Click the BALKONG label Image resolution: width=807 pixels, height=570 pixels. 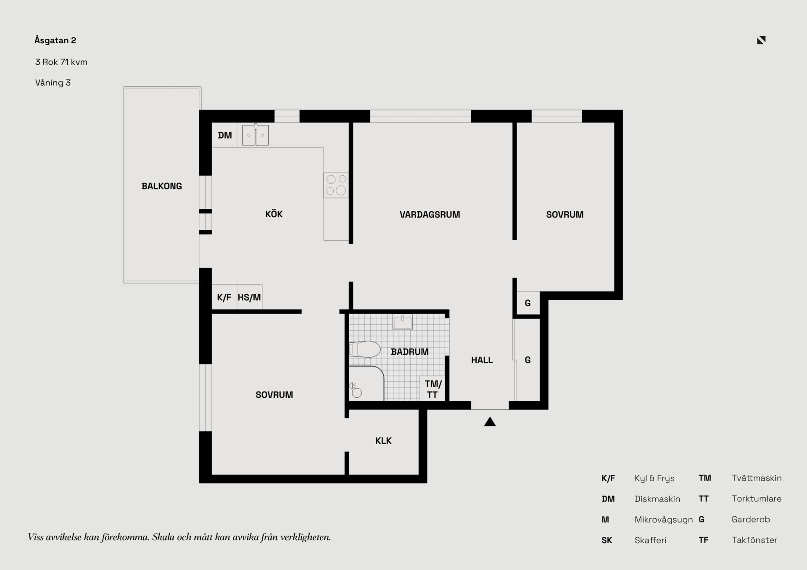(161, 186)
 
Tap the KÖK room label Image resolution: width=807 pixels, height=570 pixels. (274, 214)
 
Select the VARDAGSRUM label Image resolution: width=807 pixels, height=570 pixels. (430, 215)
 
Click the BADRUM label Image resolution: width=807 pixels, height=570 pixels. (410, 352)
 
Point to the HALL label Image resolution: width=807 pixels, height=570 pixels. (482, 360)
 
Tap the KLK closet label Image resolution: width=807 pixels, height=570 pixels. (383, 441)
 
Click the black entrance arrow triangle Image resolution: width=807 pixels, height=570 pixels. (490, 422)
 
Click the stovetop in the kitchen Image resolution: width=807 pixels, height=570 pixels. (336, 185)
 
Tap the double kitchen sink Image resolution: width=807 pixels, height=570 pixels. (255, 135)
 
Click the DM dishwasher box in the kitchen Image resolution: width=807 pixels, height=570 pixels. (224, 135)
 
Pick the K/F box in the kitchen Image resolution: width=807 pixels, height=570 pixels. (224, 297)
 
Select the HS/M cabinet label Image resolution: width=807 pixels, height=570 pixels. (249, 297)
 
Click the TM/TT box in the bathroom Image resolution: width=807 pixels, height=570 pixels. (433, 389)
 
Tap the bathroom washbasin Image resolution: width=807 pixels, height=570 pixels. (402, 322)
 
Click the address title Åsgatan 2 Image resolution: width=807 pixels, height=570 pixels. (55, 40)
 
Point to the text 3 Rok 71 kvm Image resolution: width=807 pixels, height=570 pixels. (61, 62)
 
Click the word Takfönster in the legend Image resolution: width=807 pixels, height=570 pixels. (754, 540)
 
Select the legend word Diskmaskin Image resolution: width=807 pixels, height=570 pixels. (657, 499)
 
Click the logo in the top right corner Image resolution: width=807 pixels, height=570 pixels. (761, 40)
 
